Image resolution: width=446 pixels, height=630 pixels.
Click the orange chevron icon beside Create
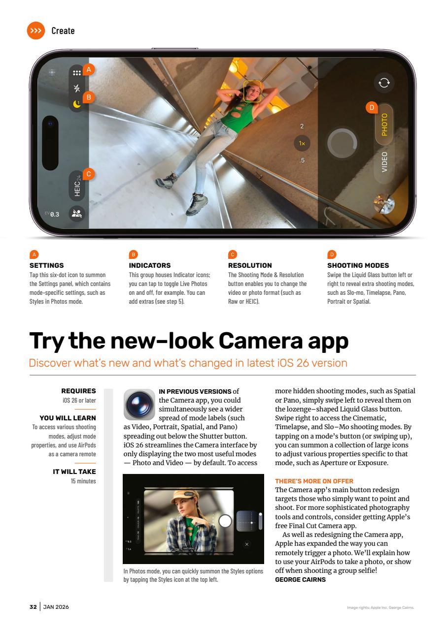(36, 31)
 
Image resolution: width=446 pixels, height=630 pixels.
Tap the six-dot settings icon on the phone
(76, 72)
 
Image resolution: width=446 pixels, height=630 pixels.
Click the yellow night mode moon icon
(76, 104)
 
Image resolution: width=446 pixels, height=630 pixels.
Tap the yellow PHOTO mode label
(384, 125)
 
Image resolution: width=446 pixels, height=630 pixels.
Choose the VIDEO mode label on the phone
(384, 161)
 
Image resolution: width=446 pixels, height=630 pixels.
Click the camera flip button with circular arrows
(383, 83)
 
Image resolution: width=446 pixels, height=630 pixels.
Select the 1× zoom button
(302, 144)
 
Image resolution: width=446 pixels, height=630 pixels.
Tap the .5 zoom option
(302, 160)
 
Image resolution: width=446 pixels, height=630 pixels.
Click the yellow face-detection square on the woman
(252, 92)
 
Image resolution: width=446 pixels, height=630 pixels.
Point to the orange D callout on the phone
(372, 107)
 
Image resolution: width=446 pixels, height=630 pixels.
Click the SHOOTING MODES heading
(358, 265)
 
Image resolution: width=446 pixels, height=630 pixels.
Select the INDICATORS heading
(150, 265)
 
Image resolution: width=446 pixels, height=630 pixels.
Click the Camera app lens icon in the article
(138, 404)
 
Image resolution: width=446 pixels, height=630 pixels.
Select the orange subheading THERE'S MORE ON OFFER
(314, 481)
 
